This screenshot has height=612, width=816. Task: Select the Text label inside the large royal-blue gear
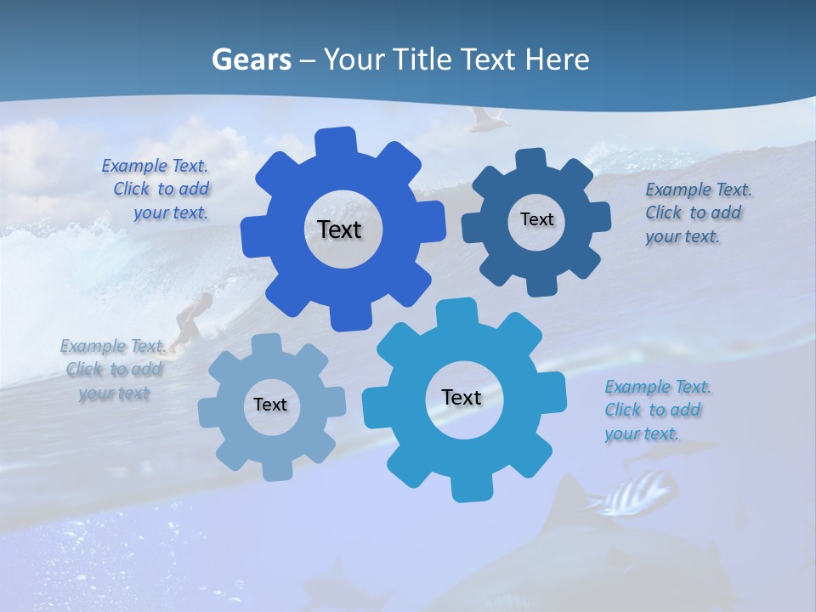[339, 229]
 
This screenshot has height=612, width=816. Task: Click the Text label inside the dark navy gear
[536, 219]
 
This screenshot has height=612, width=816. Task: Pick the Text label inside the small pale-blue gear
[270, 405]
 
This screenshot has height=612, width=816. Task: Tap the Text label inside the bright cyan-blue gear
[462, 397]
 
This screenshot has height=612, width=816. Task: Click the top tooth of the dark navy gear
[531, 159]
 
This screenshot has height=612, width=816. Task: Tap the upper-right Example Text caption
[695, 213]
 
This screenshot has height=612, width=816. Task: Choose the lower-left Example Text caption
[113, 370]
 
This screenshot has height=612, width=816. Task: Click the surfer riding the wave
[192, 316]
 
